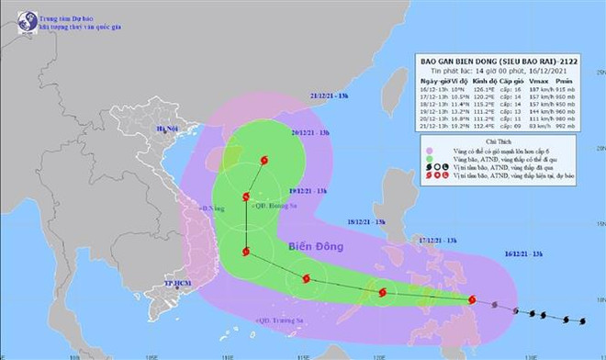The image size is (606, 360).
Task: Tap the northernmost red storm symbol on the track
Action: pos(265,162)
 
